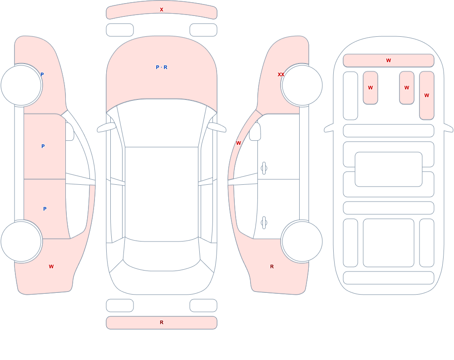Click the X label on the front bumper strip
(162, 10)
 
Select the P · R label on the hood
(162, 67)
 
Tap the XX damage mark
(281, 74)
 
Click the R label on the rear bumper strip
(162, 322)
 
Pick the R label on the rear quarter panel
(272, 266)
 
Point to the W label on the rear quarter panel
(51, 266)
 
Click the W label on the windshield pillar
(238, 143)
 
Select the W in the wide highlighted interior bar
(389, 60)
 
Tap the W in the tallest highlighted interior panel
(426, 95)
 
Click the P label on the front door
(43, 146)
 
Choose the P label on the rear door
(44, 209)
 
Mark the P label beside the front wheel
(42, 74)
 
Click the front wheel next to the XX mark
(302, 85)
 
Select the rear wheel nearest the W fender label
(21, 242)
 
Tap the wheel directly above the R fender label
(302, 242)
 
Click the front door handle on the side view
(264, 168)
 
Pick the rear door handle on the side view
(264, 223)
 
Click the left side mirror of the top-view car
(106, 127)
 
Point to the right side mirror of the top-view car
(217, 127)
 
